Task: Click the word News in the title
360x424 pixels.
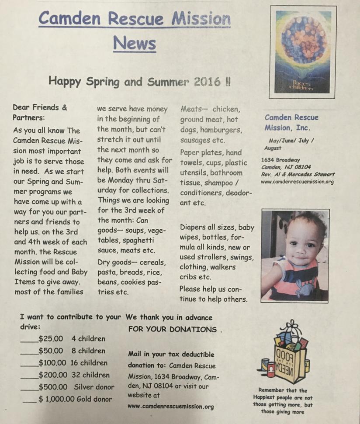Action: point(134,43)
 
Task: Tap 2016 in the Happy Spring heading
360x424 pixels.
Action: point(206,82)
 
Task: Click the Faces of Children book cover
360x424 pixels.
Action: point(303,52)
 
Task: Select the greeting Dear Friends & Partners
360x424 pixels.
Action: point(40,112)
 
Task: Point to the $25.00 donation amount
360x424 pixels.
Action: point(51,338)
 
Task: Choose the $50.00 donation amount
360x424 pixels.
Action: point(51,351)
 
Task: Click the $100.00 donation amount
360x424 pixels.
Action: point(52,363)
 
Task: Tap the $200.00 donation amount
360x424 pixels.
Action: point(52,375)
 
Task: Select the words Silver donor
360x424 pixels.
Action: point(94,387)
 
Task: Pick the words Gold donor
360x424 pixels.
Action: point(94,399)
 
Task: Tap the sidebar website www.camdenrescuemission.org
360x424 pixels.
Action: point(297,182)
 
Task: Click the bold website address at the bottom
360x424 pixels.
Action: point(171,407)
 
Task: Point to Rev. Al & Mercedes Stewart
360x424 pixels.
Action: point(298,174)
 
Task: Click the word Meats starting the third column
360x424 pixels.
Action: point(192,109)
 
